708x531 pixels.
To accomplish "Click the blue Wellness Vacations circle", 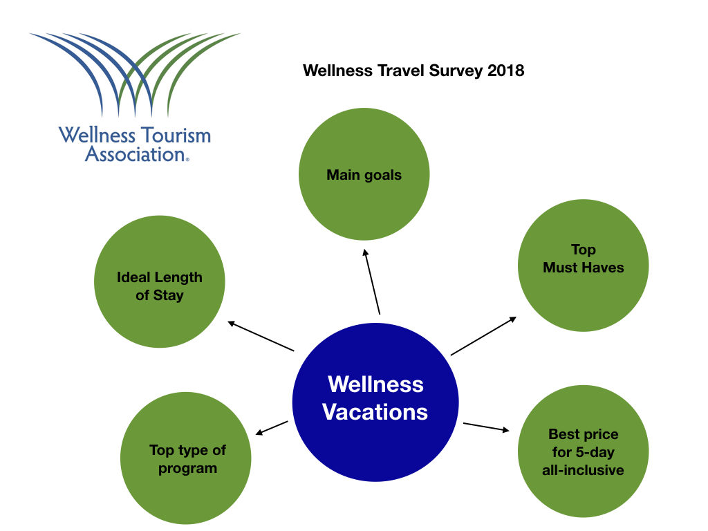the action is tap(375, 402).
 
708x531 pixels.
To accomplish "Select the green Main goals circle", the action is tap(364, 174).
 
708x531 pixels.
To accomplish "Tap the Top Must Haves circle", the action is tap(583, 265).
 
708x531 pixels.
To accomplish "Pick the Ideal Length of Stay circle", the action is tap(160, 282).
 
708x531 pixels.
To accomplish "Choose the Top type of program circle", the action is tap(186, 458).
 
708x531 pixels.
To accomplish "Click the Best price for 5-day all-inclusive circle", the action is tap(583, 451).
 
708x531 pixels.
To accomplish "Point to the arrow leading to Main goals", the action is tap(372, 281).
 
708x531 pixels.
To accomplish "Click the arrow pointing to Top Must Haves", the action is tap(483, 336).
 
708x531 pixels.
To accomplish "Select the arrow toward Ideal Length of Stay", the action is tap(261, 336).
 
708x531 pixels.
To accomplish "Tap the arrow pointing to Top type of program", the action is tap(271, 428).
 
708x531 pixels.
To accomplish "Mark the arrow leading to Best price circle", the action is tap(486, 427).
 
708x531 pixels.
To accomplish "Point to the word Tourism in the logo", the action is tap(176, 136).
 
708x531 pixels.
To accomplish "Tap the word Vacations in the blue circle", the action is tap(375, 412).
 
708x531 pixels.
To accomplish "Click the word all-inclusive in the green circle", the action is tap(583, 470).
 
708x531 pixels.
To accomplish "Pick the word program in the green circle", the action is tap(187, 469).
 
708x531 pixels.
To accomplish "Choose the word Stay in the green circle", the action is tap(168, 296).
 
